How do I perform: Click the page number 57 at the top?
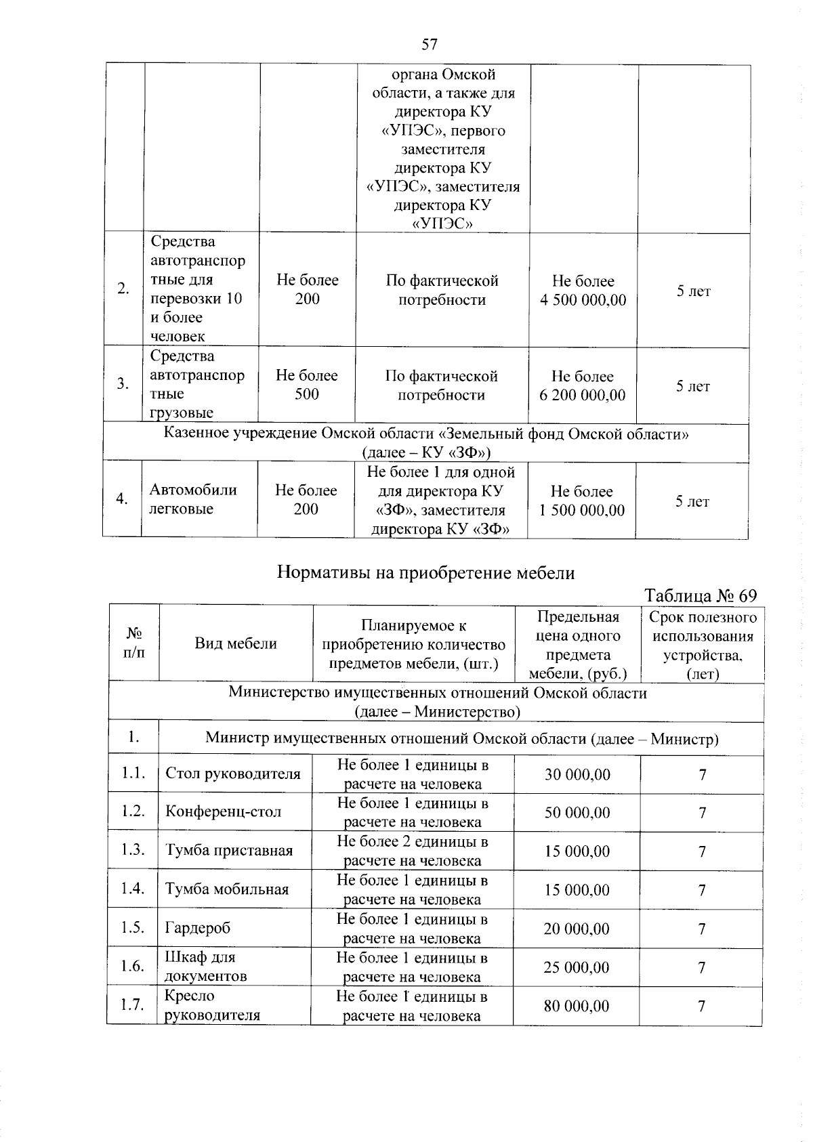click(430, 45)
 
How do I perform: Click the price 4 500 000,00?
click(583, 299)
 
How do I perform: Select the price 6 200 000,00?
click(582, 395)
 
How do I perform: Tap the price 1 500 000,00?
click(581, 510)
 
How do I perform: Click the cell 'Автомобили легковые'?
click(193, 499)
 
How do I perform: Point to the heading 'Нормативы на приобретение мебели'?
click(425, 573)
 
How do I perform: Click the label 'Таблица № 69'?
click(700, 595)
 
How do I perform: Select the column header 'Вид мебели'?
click(236, 643)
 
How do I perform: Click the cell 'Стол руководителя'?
click(232, 774)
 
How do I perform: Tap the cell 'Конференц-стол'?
click(224, 811)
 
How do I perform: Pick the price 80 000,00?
click(577, 1006)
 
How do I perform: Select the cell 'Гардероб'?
click(198, 928)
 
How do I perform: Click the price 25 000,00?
click(577, 967)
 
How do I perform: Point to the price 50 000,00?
click(577, 812)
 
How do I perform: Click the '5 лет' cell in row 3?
click(692, 386)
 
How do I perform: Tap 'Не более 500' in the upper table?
click(306, 385)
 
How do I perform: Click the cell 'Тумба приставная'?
click(229, 851)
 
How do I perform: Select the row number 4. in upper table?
click(122, 499)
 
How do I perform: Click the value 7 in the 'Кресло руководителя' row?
click(702, 1006)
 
